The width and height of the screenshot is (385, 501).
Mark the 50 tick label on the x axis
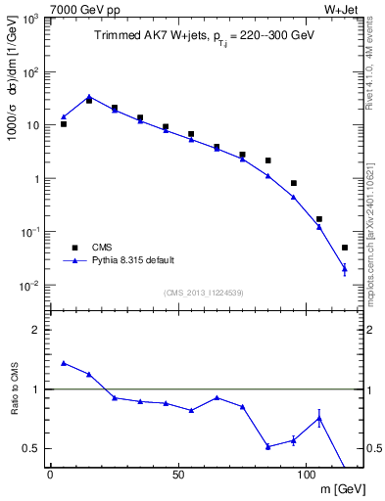177,476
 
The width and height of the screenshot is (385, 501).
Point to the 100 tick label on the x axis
305,476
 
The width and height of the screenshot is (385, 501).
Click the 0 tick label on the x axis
50,476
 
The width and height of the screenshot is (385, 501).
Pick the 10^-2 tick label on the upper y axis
26,286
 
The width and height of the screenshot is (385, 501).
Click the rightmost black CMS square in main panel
344,248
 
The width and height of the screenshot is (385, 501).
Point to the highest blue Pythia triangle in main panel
89,97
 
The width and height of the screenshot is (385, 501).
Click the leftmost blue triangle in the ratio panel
64,363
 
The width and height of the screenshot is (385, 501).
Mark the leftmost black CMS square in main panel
64,124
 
